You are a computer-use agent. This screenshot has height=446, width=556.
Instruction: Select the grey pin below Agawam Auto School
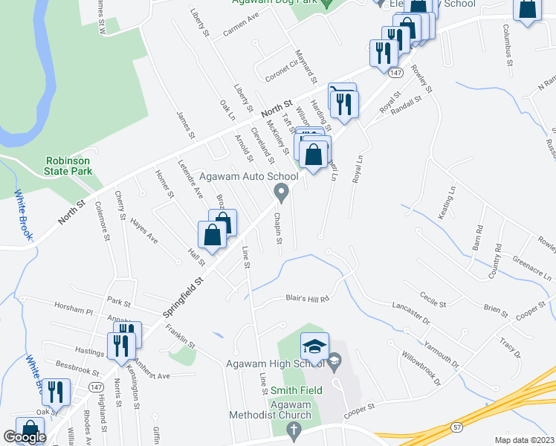point(282,193)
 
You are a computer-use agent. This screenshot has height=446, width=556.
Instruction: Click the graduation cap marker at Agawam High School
point(314,347)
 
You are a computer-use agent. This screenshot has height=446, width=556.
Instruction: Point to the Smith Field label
point(296,390)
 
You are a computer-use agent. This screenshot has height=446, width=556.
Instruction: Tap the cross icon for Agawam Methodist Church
point(294,430)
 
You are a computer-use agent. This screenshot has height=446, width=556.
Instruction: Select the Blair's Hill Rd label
point(307,299)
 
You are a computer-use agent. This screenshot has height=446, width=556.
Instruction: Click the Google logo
point(25,437)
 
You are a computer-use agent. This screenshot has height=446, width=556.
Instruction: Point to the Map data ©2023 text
point(524,440)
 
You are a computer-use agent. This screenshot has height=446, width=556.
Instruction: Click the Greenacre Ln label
point(532,267)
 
